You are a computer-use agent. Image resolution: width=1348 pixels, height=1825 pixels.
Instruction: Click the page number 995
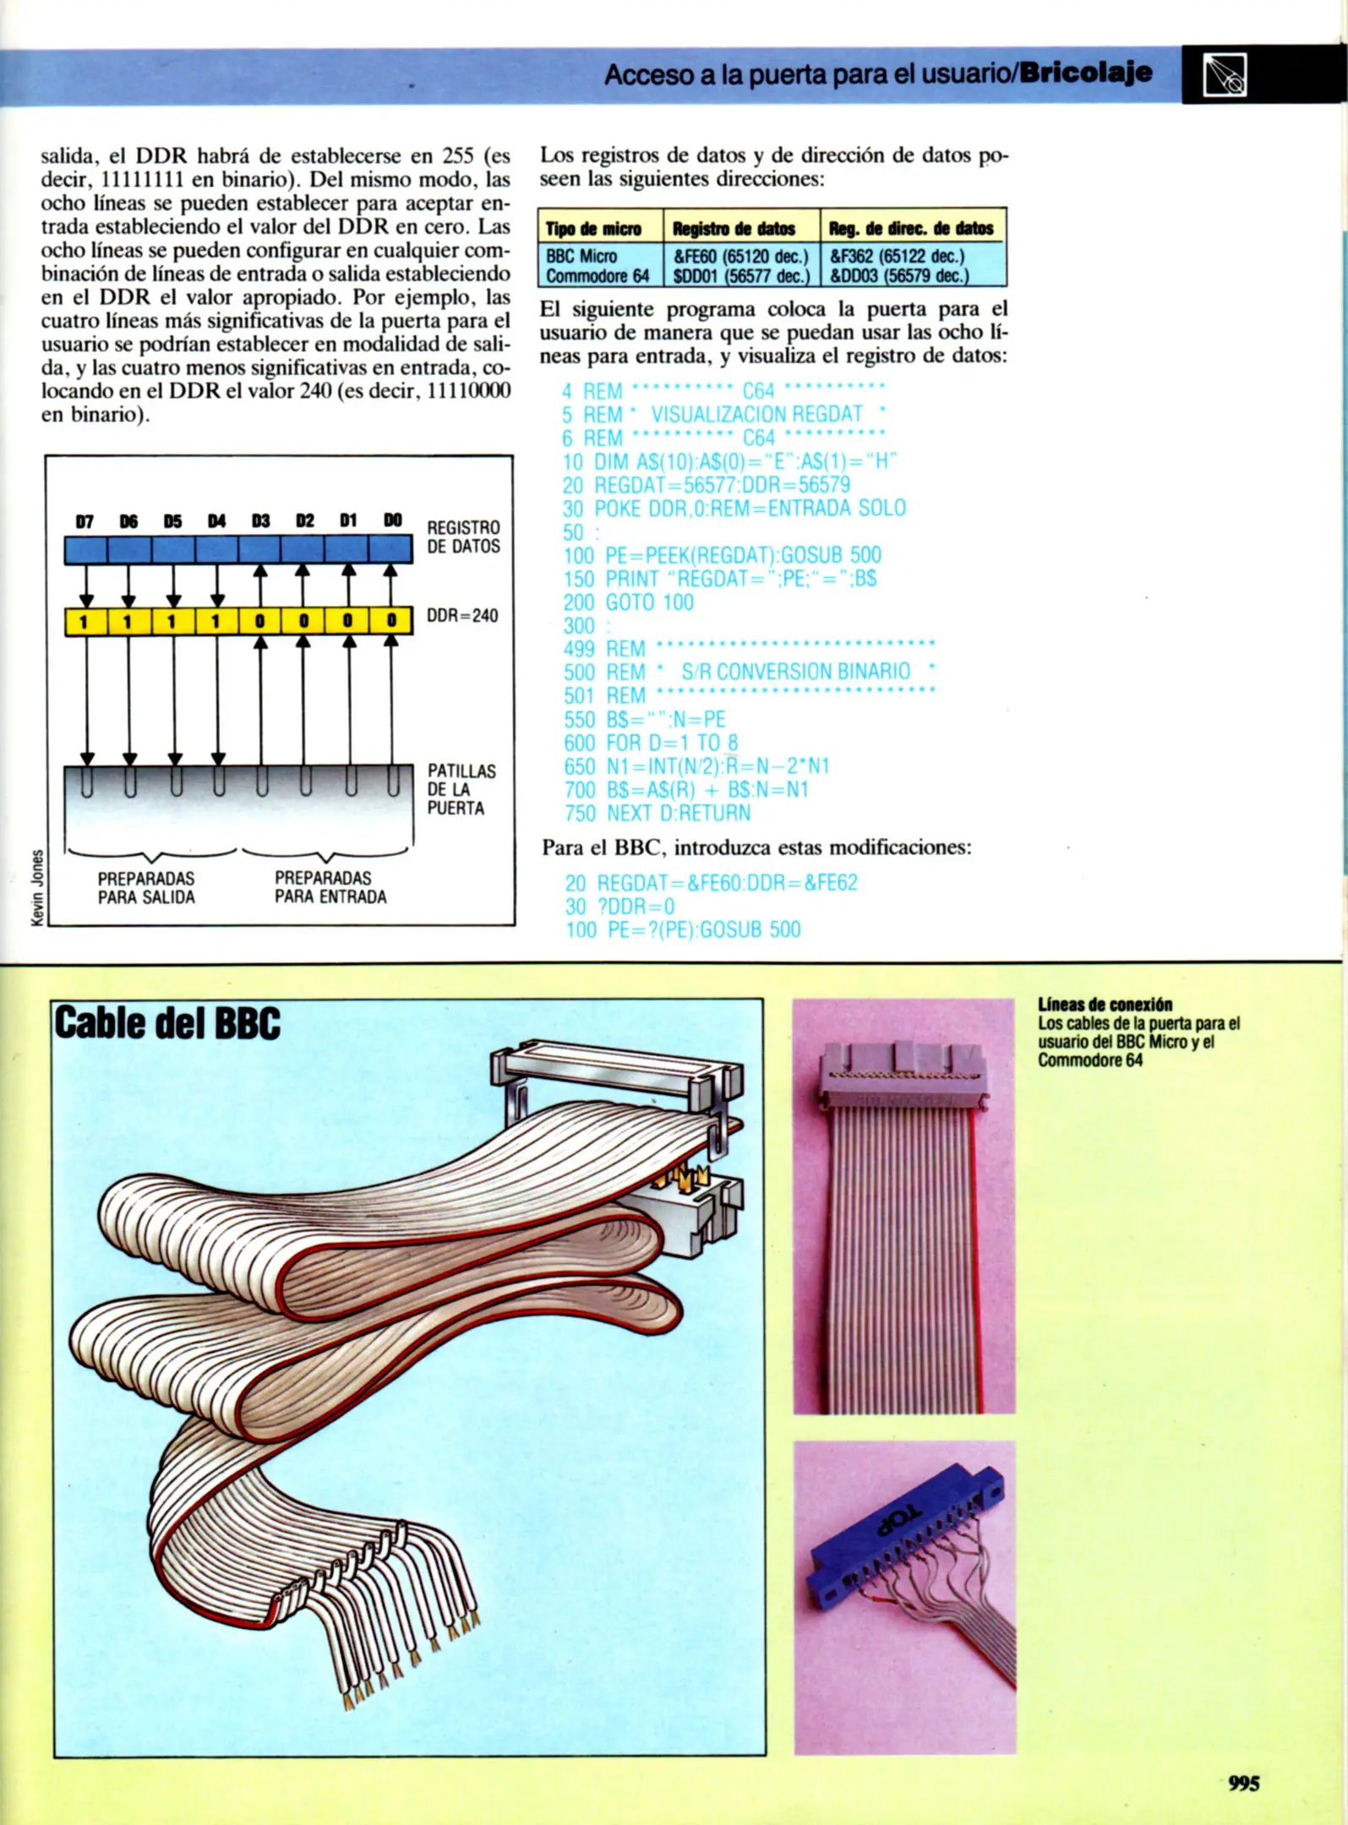[x=1243, y=1783]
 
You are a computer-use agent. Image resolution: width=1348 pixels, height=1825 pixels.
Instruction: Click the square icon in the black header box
[x=1225, y=75]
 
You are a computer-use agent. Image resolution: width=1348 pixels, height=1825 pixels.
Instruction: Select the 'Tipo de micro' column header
[x=593, y=229]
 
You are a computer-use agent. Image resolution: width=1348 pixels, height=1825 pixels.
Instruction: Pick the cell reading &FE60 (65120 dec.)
[x=740, y=256]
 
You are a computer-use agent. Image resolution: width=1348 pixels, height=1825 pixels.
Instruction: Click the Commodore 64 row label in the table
[x=597, y=275]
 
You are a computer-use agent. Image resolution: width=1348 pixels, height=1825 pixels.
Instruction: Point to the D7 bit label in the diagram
[x=85, y=522]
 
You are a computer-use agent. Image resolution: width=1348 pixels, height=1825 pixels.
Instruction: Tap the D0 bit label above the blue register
[x=392, y=520]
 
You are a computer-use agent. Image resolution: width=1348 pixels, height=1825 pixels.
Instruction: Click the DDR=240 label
[x=462, y=615]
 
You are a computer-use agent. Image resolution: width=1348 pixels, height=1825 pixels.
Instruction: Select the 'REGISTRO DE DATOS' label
[x=463, y=537]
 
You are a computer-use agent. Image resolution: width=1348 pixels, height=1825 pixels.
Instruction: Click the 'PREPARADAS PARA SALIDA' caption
[x=146, y=887]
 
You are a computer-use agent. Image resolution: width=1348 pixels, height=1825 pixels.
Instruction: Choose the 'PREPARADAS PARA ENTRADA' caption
[x=330, y=887]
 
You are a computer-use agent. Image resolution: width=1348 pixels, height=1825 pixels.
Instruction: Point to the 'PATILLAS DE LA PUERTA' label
[x=461, y=789]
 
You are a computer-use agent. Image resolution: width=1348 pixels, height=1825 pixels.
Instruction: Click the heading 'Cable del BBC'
[x=167, y=1023]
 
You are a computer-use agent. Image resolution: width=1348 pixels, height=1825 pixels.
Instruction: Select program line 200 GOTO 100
[x=628, y=602]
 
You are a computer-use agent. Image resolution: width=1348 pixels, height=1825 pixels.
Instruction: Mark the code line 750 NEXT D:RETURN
[x=657, y=813]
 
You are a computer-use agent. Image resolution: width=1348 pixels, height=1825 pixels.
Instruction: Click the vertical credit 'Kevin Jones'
[x=36, y=885]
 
